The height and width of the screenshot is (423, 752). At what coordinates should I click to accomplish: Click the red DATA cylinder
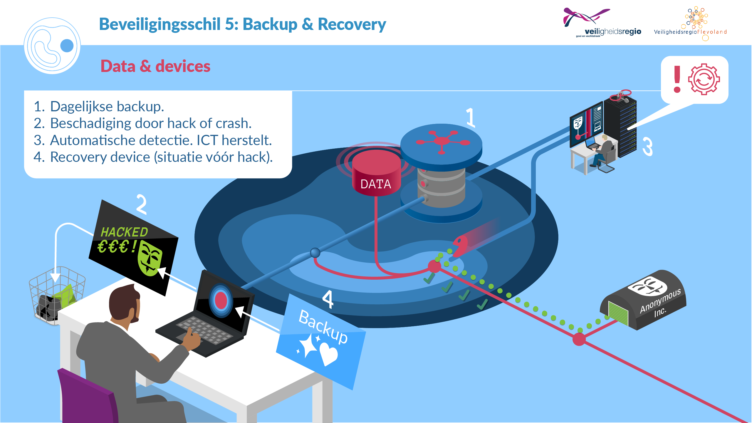(x=376, y=173)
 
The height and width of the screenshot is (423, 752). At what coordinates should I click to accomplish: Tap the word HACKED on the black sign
(x=124, y=232)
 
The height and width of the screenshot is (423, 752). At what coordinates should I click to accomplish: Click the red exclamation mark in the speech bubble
(x=677, y=79)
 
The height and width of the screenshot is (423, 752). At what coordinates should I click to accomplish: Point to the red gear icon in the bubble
(x=704, y=79)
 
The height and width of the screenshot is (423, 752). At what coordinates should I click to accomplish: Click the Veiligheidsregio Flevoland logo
(x=690, y=23)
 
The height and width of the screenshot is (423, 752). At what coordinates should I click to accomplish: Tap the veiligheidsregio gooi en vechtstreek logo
(x=602, y=23)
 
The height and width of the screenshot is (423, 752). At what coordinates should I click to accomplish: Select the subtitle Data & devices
(x=155, y=66)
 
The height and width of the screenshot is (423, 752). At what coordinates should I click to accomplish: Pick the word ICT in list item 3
(x=207, y=140)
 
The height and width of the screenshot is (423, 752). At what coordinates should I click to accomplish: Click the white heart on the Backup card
(x=329, y=354)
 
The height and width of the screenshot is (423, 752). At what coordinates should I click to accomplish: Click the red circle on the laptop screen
(x=221, y=300)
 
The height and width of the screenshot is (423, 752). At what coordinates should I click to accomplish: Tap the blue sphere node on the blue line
(x=315, y=253)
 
